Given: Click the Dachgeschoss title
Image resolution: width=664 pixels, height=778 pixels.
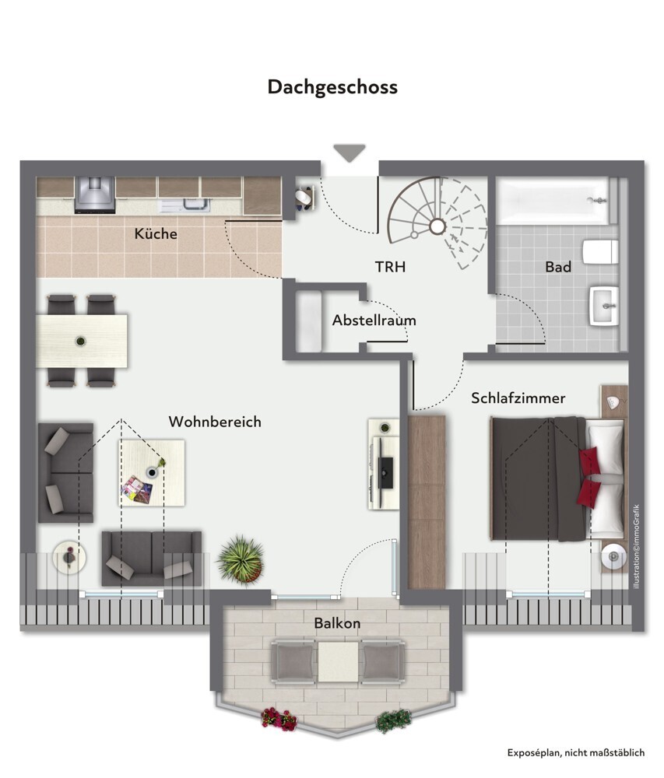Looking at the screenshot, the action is tap(332, 87).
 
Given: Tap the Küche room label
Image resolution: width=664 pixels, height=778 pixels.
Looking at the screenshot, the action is tap(156, 233).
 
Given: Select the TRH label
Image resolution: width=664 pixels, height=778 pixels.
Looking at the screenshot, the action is tap(390, 266).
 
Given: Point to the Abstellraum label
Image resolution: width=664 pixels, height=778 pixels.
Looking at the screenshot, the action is tap(374, 320).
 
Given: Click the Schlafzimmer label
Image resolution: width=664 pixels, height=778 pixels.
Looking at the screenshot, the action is tap(518, 398).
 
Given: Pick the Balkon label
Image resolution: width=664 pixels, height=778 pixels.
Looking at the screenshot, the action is tap(337, 622).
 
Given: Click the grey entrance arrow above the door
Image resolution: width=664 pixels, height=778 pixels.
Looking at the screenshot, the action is tap(350, 152).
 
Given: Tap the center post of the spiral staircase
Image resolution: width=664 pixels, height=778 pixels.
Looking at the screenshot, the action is tap(437, 226).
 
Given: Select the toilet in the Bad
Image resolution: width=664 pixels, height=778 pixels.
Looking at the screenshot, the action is tap(600, 253).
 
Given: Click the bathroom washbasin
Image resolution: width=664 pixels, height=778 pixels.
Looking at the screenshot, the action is tap(604, 306).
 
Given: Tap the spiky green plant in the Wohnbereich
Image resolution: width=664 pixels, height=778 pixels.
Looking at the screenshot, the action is tap(241, 559).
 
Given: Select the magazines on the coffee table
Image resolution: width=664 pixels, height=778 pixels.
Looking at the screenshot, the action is tap(136, 489).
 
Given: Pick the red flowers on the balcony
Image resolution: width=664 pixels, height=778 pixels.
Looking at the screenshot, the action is tap(279, 719).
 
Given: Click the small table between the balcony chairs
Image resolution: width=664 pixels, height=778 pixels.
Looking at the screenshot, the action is tap(338, 662).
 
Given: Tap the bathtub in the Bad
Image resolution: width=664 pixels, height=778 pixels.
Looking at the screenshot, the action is tap(553, 201).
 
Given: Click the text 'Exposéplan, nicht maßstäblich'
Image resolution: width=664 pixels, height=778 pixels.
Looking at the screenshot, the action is tap(576, 752).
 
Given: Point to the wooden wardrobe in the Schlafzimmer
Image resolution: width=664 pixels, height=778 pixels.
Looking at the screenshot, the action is tap(427, 502).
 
